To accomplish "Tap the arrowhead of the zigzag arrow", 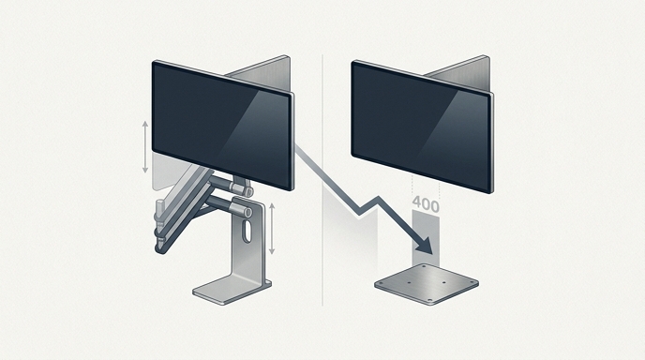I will click(x=423, y=247).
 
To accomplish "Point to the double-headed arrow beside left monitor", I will click(x=144, y=147).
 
